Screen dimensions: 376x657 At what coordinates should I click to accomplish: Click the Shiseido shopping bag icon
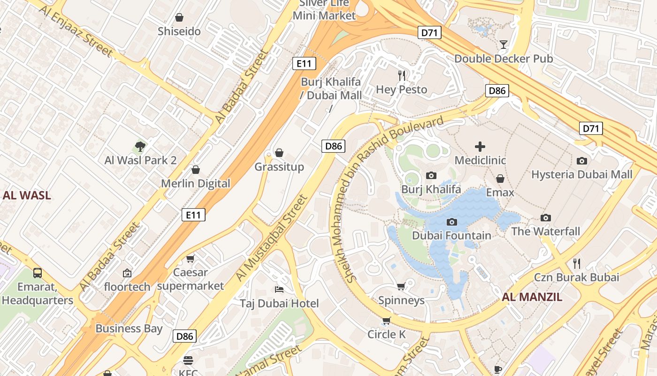click(x=179, y=18)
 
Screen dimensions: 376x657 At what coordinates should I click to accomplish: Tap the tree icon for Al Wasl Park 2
click(x=140, y=147)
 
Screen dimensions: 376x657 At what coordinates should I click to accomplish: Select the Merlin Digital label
click(x=196, y=183)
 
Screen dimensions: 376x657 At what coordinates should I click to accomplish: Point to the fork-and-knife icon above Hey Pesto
click(x=402, y=75)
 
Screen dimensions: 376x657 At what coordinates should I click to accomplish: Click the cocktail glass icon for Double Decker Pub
click(x=504, y=45)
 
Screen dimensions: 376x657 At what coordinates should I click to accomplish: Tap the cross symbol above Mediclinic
click(x=480, y=147)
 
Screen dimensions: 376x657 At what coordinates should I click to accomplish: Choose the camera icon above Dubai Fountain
click(x=452, y=222)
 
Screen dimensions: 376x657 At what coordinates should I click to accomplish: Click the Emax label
click(x=500, y=192)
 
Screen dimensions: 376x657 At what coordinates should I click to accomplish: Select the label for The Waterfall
click(x=546, y=231)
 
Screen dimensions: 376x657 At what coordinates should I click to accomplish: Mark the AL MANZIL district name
click(x=532, y=297)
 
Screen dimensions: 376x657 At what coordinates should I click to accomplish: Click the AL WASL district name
click(x=27, y=196)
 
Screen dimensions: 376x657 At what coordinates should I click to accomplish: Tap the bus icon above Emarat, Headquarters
click(x=38, y=273)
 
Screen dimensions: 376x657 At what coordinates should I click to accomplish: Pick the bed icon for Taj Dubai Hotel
click(x=279, y=289)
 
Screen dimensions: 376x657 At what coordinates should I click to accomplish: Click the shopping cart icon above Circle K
click(x=386, y=321)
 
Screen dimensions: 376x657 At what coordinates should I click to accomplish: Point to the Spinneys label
click(x=401, y=300)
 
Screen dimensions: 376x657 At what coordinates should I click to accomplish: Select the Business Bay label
click(x=129, y=328)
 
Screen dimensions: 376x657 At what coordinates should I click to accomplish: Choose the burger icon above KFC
click(x=188, y=360)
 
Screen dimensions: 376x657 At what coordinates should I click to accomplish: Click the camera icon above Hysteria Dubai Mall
click(x=582, y=161)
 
